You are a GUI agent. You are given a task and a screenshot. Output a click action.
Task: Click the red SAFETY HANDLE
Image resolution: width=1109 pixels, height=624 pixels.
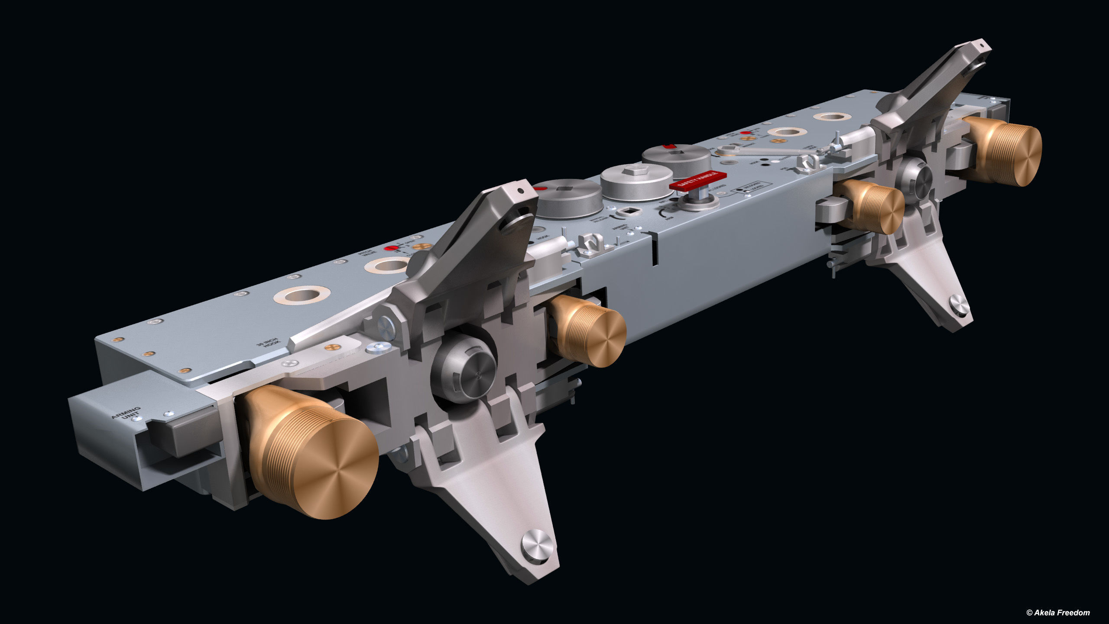(697, 180)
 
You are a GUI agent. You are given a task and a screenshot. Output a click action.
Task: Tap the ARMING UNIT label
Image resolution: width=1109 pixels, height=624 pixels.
(126, 413)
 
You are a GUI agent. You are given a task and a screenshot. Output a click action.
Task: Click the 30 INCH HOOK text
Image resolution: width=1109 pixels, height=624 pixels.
(268, 343)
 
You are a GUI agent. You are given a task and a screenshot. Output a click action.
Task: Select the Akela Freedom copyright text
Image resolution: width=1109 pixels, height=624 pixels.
(1057, 612)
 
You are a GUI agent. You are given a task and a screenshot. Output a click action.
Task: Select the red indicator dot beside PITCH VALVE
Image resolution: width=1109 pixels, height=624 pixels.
(392, 248)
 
